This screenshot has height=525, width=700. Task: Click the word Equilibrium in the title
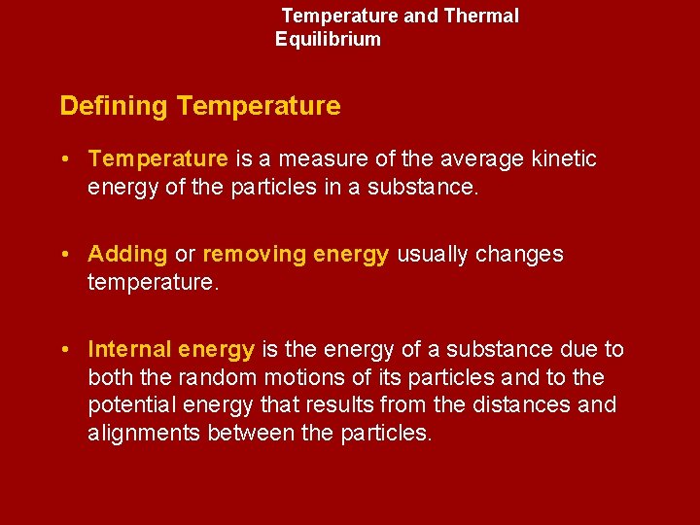click(328, 40)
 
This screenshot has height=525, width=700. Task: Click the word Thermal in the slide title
click(480, 17)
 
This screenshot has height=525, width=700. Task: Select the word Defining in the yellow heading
click(114, 106)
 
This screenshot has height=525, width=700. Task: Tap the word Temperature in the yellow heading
click(259, 106)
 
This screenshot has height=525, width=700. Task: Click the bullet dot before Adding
click(63, 255)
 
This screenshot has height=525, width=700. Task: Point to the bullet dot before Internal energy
click(63, 349)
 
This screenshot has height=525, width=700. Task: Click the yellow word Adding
click(127, 255)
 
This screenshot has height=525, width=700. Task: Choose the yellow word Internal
click(129, 349)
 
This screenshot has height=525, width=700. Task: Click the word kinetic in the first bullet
click(565, 158)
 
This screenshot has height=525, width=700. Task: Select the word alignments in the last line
click(144, 434)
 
